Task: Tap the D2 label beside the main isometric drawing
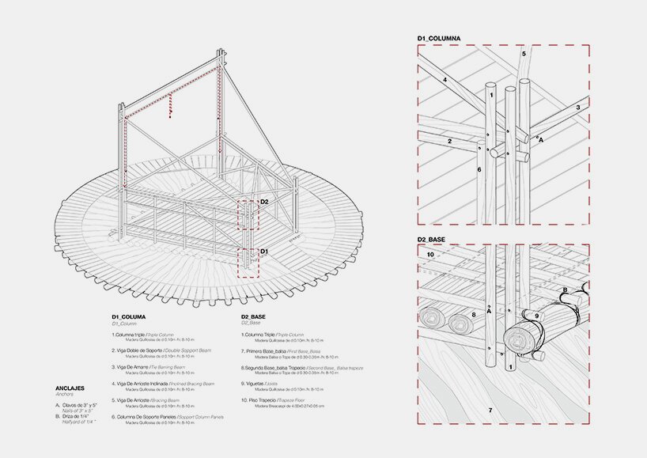coord(264,202)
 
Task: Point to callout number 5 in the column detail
coord(523,54)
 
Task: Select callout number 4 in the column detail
coord(445,80)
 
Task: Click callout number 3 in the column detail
coord(577,107)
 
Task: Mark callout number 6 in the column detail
coord(479,169)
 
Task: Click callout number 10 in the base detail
coord(430,255)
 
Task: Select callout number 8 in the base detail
coord(473,315)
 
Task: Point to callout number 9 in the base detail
coord(535,316)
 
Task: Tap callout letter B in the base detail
coord(565,290)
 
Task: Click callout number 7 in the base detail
coord(490,410)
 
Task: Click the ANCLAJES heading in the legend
coord(71,388)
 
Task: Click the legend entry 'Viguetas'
coord(258,384)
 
